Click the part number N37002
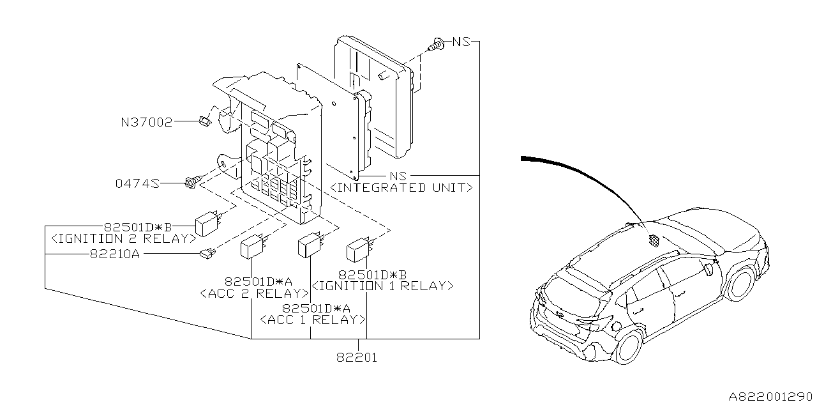(x=146, y=121)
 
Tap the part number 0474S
(x=137, y=184)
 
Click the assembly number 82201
(x=357, y=357)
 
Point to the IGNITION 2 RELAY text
(x=123, y=238)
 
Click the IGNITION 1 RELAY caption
(x=382, y=286)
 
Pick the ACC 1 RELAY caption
(x=313, y=319)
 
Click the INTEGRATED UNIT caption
(x=401, y=187)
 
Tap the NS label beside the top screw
(x=461, y=42)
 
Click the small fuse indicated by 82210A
(x=207, y=254)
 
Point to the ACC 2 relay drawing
(x=252, y=248)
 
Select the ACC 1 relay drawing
(x=310, y=245)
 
